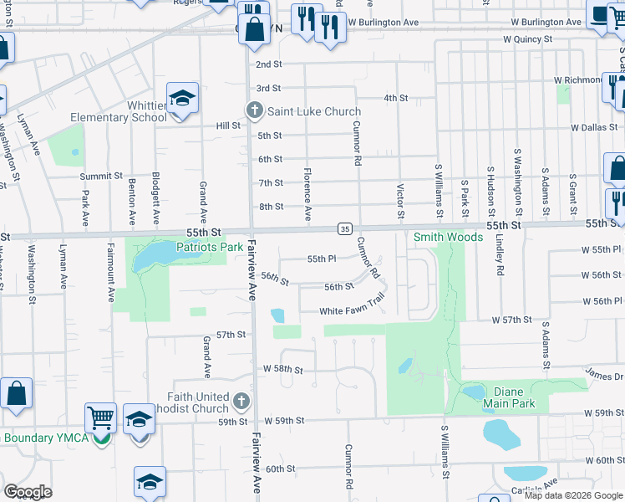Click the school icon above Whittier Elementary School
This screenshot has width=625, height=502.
click(182, 100)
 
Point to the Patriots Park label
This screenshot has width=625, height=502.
click(209, 247)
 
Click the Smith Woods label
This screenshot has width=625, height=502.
click(448, 237)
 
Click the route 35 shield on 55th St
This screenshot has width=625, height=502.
click(343, 228)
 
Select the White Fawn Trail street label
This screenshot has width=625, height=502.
click(352, 310)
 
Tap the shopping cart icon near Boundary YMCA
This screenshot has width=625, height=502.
click(100, 416)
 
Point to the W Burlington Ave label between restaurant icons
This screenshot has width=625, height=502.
click(384, 22)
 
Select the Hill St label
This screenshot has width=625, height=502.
click(228, 125)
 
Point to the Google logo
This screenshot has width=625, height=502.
click(28, 492)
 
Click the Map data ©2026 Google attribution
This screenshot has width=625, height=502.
click(572, 495)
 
